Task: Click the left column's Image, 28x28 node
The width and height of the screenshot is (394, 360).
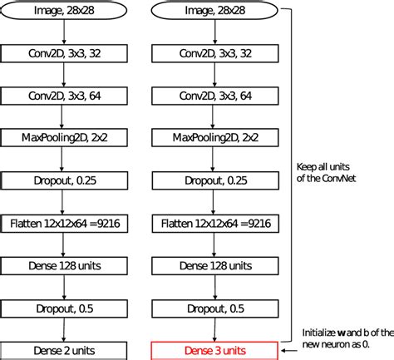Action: click(64, 12)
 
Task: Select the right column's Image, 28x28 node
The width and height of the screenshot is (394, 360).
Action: click(215, 12)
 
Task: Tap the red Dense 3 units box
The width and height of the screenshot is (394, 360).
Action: click(215, 350)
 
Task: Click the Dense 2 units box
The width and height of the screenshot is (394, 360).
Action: click(64, 350)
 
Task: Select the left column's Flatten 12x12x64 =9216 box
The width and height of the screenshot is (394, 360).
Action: click(64, 224)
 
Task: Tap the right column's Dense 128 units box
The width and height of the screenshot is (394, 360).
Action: click(215, 265)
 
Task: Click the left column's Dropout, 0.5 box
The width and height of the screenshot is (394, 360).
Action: click(64, 308)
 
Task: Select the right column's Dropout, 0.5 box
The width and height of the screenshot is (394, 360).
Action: click(215, 308)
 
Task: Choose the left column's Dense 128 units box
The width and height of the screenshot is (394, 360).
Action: click(64, 265)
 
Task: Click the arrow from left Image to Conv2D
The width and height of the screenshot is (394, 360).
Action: click(64, 32)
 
